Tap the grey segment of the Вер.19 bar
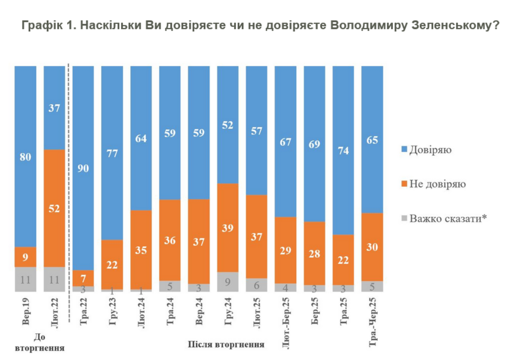click(x=25, y=279)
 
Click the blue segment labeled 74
click(x=343, y=150)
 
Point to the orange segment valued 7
click(x=83, y=278)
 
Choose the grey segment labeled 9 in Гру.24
click(x=228, y=282)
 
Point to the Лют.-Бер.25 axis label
click(x=286, y=321)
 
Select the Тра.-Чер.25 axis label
click(x=373, y=321)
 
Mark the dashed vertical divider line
click(x=69, y=187)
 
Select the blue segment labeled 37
click(x=54, y=108)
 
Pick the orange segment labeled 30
click(x=372, y=247)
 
